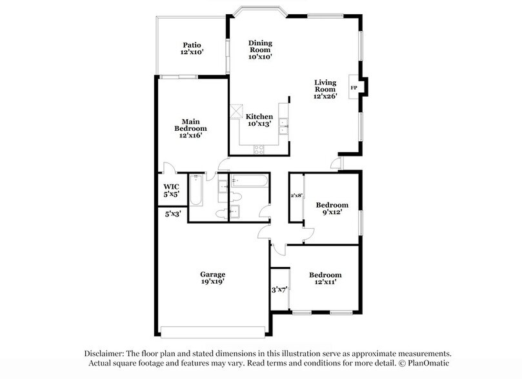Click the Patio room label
click(x=192, y=45)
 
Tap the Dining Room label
click(x=260, y=43)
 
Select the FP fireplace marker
click(x=353, y=87)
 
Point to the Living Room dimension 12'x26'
click(x=326, y=96)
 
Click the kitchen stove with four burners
click(x=259, y=149)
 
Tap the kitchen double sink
click(x=283, y=126)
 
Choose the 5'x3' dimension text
click(x=173, y=213)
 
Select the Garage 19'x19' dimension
click(x=212, y=282)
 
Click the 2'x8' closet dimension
click(x=296, y=195)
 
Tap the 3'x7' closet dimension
click(x=279, y=289)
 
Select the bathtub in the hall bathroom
click(x=248, y=180)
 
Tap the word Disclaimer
click(x=106, y=353)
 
